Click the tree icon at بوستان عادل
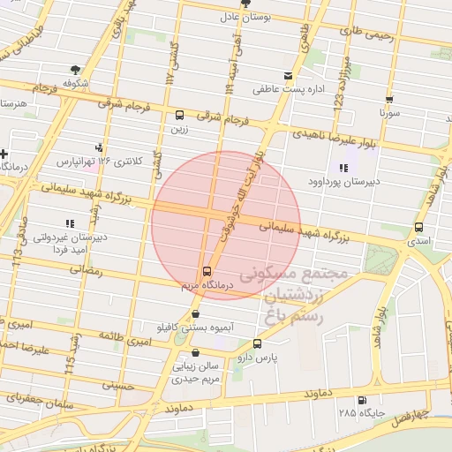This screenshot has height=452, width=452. coord(223,4)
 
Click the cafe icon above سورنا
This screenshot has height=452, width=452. coord(388,100)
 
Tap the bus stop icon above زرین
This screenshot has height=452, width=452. coord(180,115)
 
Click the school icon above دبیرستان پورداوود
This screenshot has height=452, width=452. coord(343,168)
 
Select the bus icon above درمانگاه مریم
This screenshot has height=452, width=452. coord(207,271)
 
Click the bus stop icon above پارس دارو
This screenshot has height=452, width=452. coord(257,343)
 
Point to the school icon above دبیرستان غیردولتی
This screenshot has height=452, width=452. coord(69,223)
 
